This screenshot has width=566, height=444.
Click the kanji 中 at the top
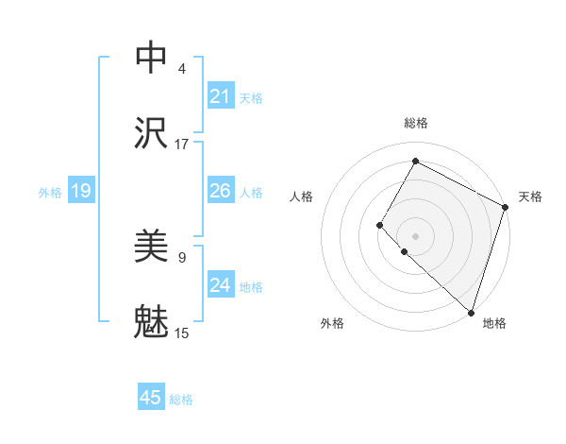pos(152,57)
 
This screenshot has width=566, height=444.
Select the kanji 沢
pos(152,133)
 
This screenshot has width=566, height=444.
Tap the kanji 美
pos(152,247)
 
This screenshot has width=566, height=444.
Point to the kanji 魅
pos(152,322)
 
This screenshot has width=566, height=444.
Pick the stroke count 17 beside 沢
pos(182,145)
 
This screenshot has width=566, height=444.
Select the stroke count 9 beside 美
pos(182,256)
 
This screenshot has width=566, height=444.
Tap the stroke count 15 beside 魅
pos(182,333)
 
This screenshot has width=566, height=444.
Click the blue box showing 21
pos(221,96)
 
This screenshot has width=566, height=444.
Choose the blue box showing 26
pos(221,191)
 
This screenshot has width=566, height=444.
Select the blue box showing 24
pos(221,285)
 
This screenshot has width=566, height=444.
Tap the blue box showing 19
pos(80,192)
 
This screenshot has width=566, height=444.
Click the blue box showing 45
pos(151,398)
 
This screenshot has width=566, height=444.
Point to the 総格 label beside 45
pos(181,400)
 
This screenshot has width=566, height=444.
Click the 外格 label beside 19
pos(50,193)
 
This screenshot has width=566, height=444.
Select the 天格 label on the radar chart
pos(530,196)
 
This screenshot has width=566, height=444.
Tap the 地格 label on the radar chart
pos(494,324)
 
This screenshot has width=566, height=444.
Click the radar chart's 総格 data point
pos(415,161)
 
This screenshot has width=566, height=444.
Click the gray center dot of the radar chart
pos(415,235)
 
